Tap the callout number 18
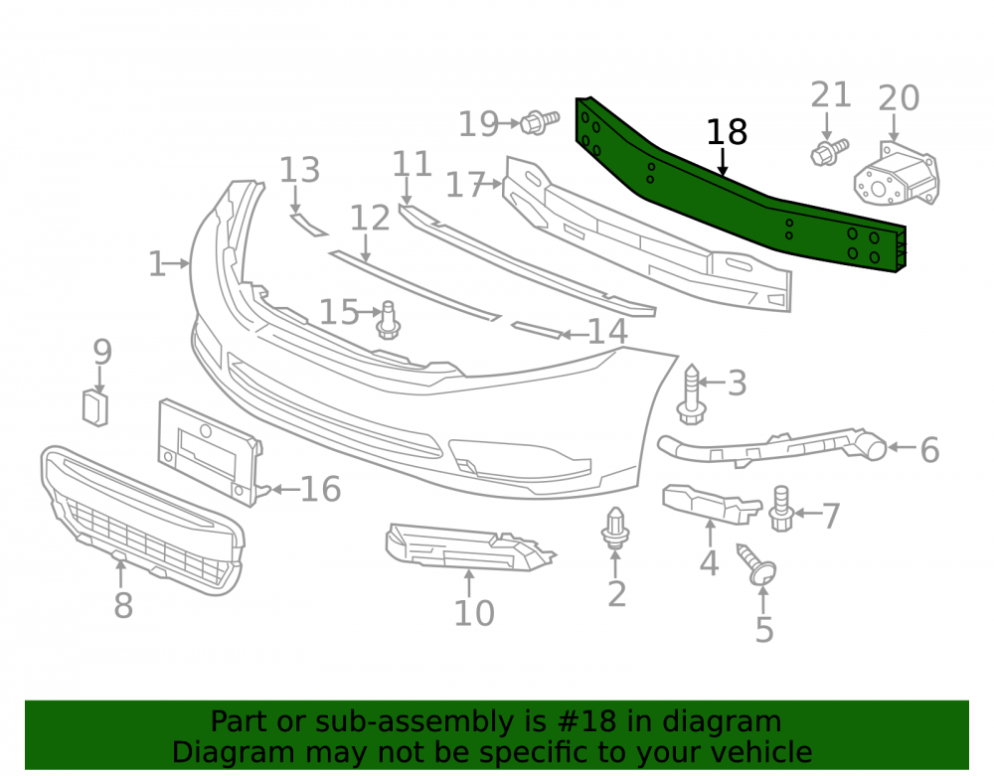coord(727,132)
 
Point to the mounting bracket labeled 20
coord(896,174)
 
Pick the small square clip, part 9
coord(95,408)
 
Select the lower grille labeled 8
coord(142,521)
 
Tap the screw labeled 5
coord(756,564)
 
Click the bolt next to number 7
coord(781,509)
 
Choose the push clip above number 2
coord(615,528)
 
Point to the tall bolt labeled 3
coord(691,394)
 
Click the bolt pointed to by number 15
coord(388,321)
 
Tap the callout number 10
coord(473,613)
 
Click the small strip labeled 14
coord(537,330)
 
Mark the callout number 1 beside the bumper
coord(157,263)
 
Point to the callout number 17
coord(466,185)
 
